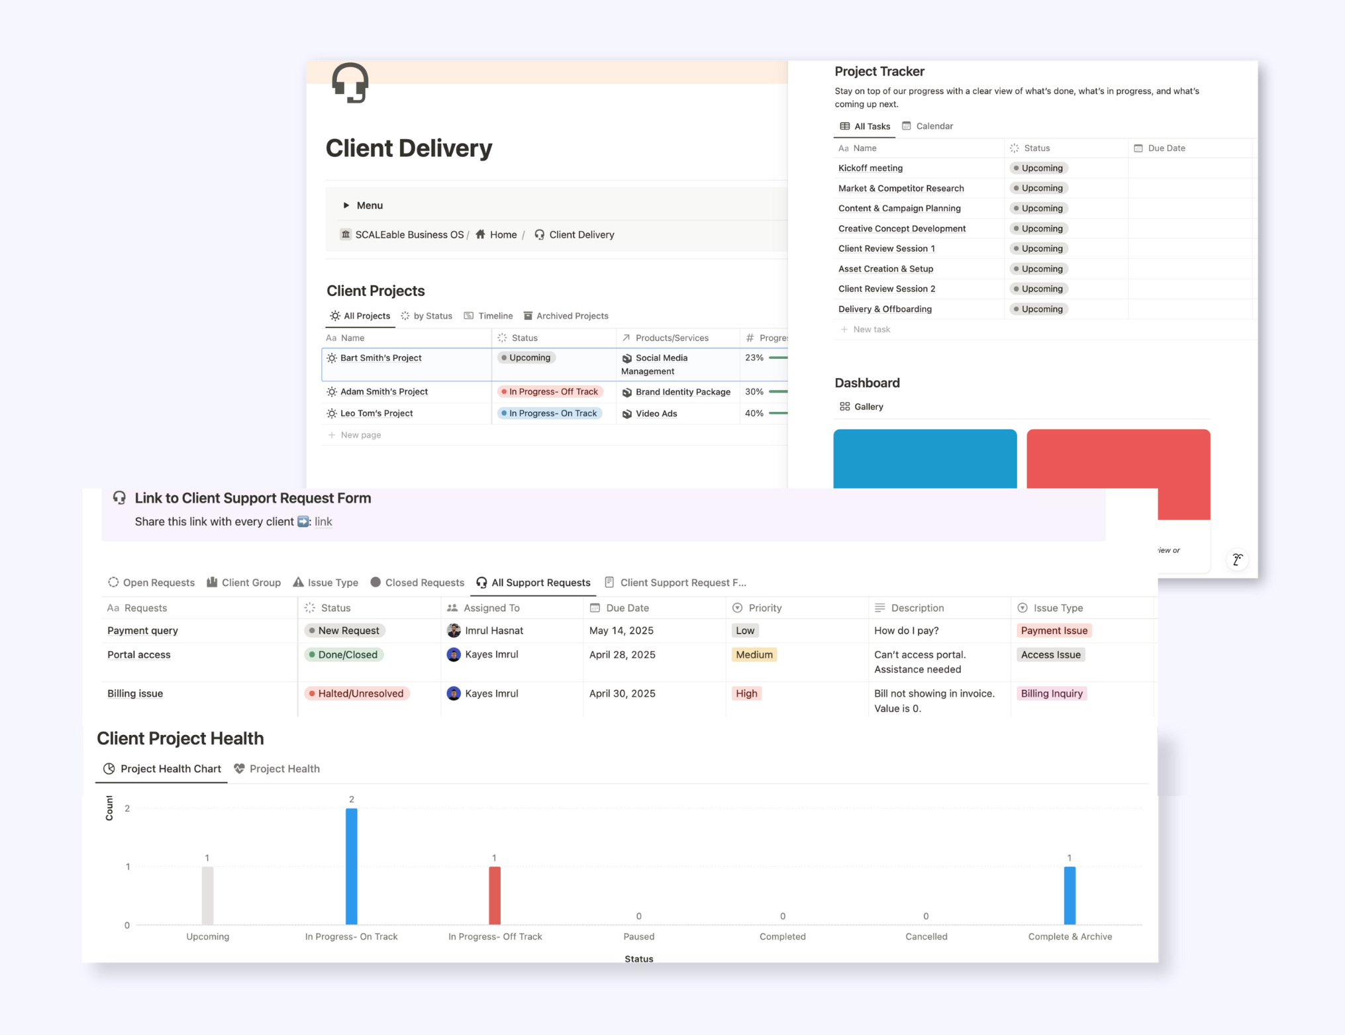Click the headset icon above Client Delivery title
(x=350, y=83)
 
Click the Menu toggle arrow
(x=346, y=205)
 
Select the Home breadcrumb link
(x=502, y=234)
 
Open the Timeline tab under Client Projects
(x=494, y=316)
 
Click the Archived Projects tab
(x=572, y=316)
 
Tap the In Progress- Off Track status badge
(x=550, y=391)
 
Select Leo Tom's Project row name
(x=376, y=413)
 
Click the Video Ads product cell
(x=656, y=414)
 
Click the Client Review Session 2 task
(x=887, y=289)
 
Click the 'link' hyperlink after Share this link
(x=323, y=522)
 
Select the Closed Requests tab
(x=424, y=583)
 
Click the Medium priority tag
(x=754, y=655)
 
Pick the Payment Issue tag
(x=1054, y=630)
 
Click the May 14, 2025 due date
(x=621, y=630)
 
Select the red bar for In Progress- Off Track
(x=495, y=895)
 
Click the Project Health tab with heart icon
(x=284, y=769)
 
